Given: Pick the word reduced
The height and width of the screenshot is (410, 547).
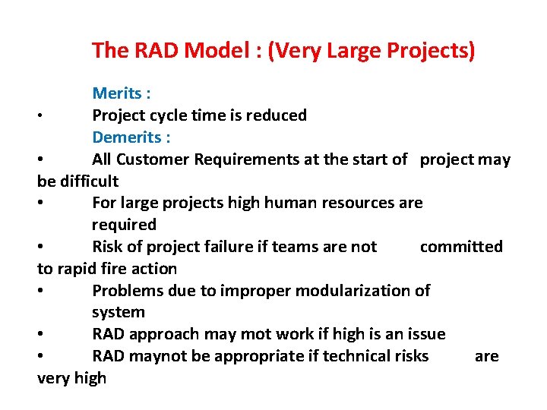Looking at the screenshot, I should click(x=278, y=115).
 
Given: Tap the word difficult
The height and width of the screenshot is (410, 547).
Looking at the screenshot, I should click(x=90, y=181).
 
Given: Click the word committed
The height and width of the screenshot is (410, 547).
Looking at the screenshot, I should click(x=461, y=247).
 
